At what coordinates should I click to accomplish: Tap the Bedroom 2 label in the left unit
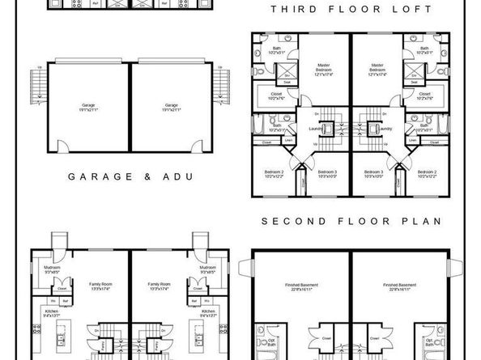point(273,175)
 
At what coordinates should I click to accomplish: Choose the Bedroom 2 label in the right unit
point(427,175)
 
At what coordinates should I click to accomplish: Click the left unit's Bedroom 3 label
point(327,175)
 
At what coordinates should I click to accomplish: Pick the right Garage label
point(171,106)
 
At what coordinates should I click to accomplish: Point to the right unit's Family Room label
point(159,286)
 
